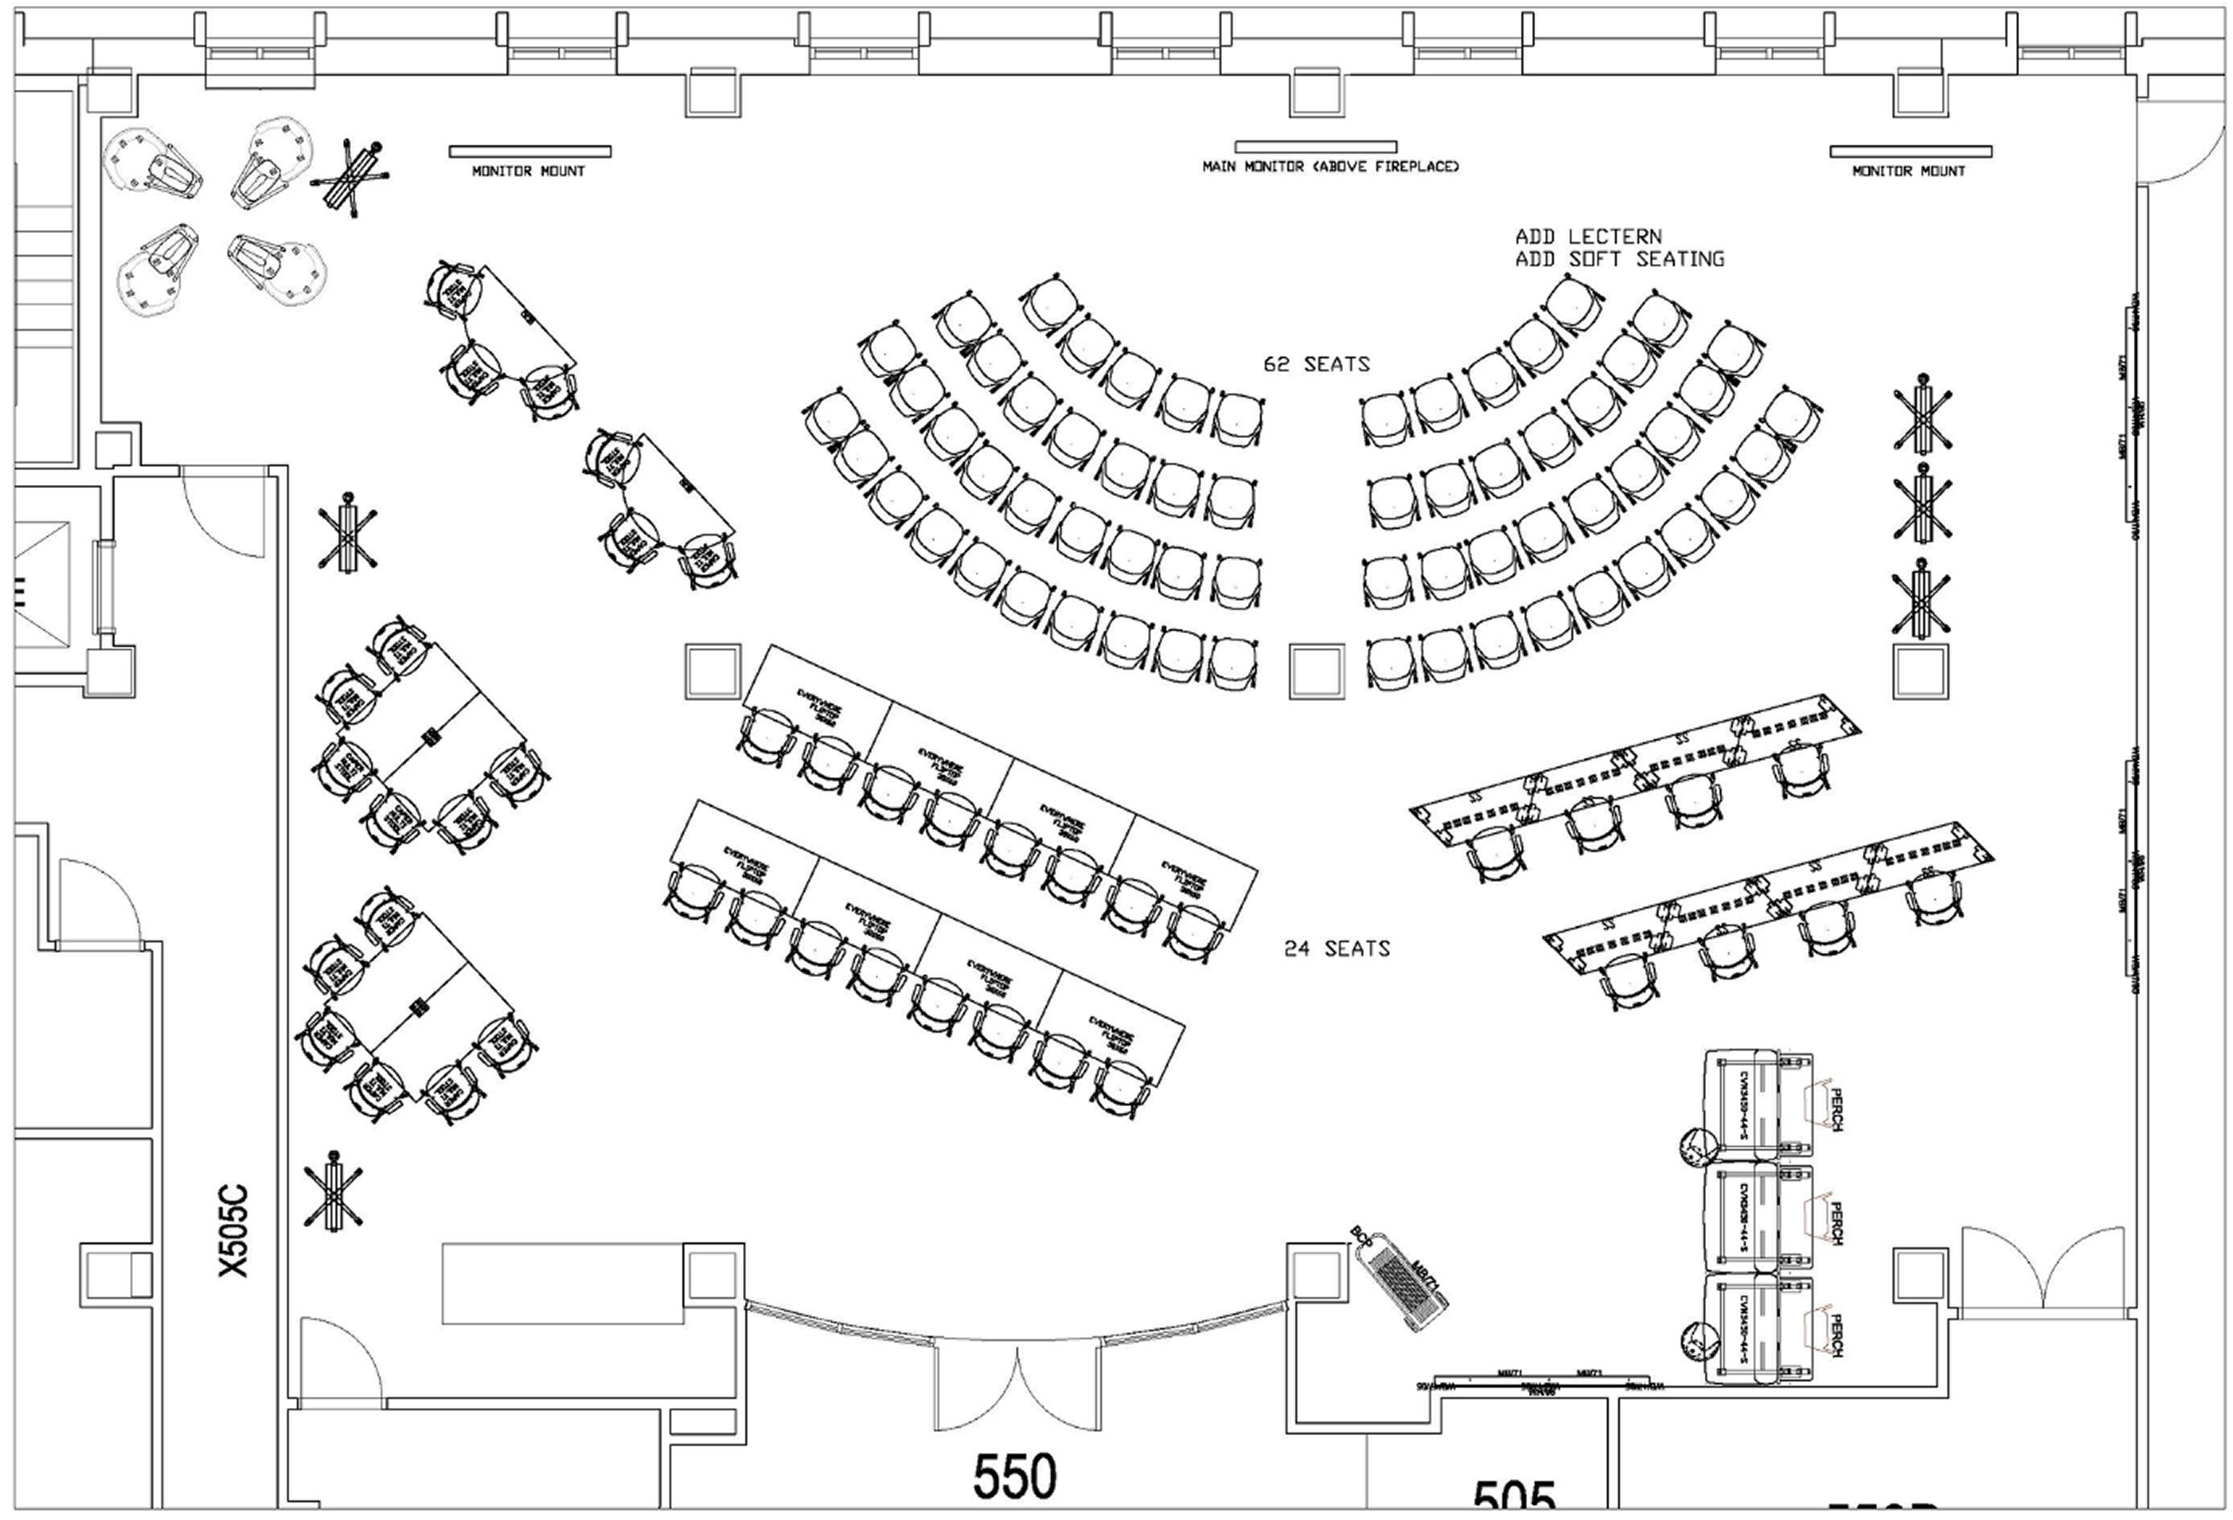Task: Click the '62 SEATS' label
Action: tap(1316, 364)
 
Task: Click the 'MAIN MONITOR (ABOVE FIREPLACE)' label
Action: tap(1329, 167)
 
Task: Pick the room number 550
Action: tap(1015, 1476)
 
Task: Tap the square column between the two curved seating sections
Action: tap(1316, 671)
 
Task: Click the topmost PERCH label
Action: tap(1835, 1109)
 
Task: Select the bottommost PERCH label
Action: tap(1835, 1335)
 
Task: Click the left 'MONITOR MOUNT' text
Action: tap(528, 172)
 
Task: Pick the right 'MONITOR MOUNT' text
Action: tap(1908, 172)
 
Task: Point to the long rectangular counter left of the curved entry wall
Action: tap(562, 1284)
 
